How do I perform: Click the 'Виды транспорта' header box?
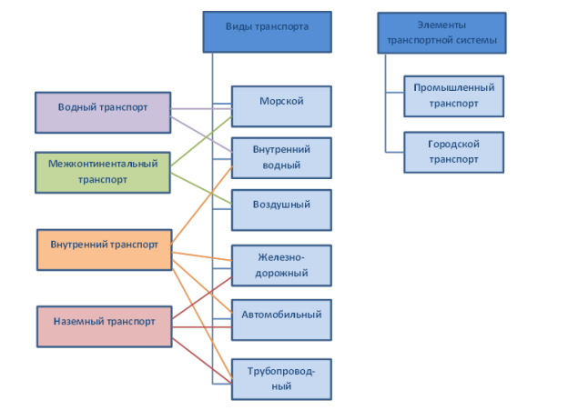[268, 32]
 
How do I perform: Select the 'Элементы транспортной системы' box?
[441, 33]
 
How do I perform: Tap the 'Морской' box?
[281, 106]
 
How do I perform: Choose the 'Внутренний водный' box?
[281, 158]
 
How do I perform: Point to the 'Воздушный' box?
[281, 210]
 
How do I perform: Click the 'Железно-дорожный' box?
[281, 265]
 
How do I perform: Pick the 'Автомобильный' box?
[281, 320]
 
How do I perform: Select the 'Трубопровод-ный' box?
[281, 379]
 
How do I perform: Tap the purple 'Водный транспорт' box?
[103, 113]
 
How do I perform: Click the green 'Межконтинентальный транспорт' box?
[103, 172]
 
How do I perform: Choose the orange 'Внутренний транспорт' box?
[105, 250]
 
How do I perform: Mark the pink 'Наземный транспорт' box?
[105, 326]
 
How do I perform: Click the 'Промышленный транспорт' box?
[454, 96]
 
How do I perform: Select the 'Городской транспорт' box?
[454, 152]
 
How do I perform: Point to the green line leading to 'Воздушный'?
[202, 188]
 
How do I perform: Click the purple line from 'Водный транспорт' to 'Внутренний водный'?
[202, 135]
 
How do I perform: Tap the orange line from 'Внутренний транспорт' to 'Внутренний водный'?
[202, 205]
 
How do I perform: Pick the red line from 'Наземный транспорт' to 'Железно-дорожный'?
[202, 298]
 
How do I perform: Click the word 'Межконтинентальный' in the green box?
[103, 164]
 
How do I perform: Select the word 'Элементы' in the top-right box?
[441, 25]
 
